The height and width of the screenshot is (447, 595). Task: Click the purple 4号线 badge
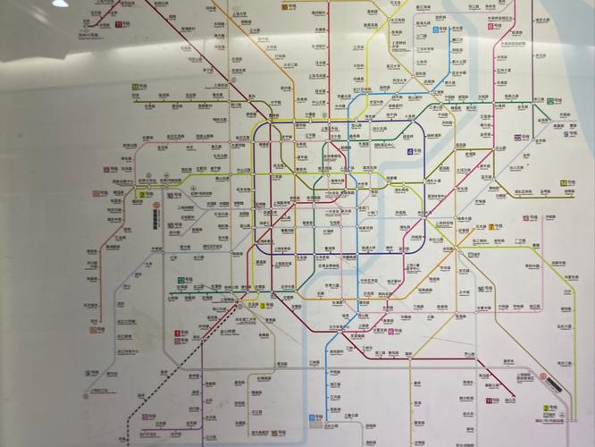(415, 153)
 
